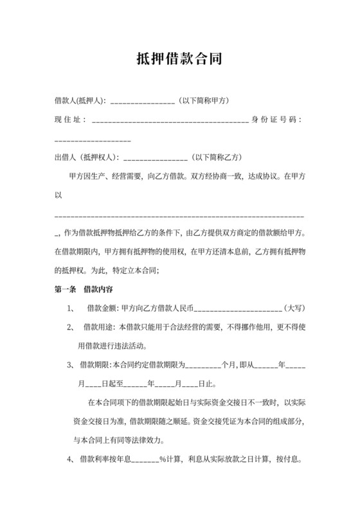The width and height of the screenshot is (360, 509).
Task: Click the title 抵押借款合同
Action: point(179,59)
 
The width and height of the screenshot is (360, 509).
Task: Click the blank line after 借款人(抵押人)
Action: point(143,102)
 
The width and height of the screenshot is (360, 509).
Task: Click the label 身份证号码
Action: point(277,120)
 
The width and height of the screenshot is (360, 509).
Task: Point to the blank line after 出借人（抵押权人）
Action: point(154,158)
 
